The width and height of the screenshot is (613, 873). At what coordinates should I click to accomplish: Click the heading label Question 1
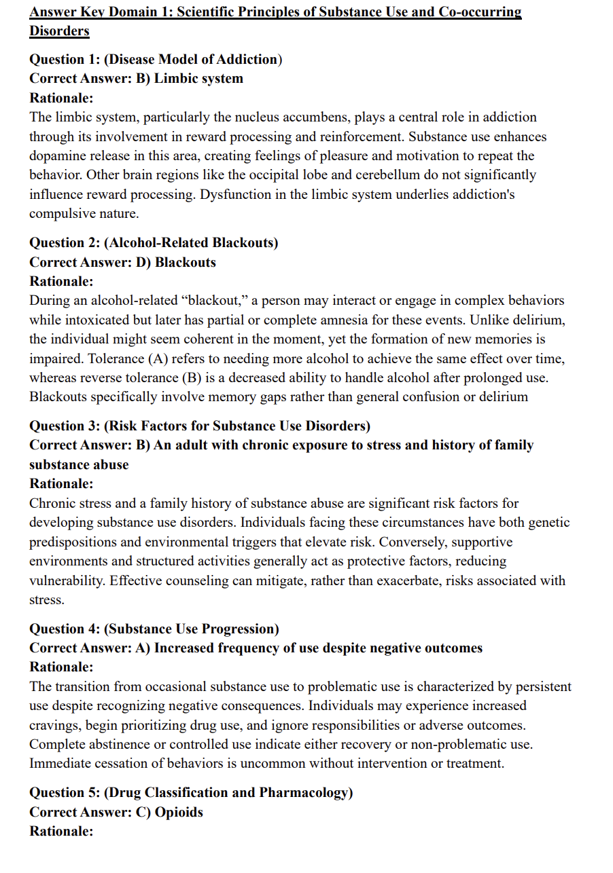pos(65,59)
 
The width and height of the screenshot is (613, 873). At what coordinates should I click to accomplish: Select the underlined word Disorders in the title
pos(59,31)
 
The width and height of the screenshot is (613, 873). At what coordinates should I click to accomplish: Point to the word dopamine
pos(57,156)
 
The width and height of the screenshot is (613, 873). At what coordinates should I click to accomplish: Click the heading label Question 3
pos(65,426)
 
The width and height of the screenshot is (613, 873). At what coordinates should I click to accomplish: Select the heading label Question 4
pos(65,629)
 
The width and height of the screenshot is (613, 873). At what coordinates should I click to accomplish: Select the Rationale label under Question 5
pos(61,831)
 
